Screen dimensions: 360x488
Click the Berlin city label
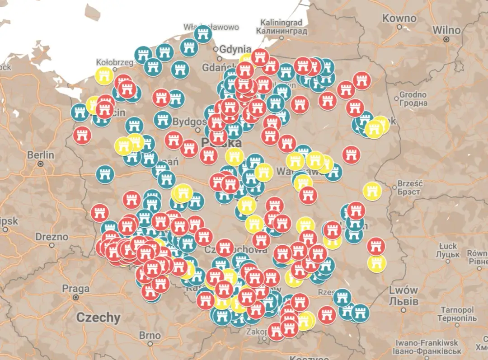[x=41, y=155]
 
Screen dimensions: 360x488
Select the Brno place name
[x=150, y=336]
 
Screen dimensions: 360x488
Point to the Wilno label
[x=446, y=30]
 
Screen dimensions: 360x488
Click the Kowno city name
[x=399, y=19]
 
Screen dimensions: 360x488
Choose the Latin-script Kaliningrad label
[x=281, y=23]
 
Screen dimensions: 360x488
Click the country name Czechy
[x=98, y=318]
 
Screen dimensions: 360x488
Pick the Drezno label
[x=52, y=237]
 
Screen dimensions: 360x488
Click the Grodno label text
[x=413, y=95]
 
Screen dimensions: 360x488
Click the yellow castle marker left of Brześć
[x=372, y=192]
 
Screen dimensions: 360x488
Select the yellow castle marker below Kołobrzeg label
[x=104, y=76]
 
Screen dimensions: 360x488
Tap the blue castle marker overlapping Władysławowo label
[x=203, y=34]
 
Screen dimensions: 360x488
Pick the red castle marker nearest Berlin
[x=82, y=134]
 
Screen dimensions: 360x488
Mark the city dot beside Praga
[x=75, y=298]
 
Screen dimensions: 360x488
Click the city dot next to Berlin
[x=41, y=164]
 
